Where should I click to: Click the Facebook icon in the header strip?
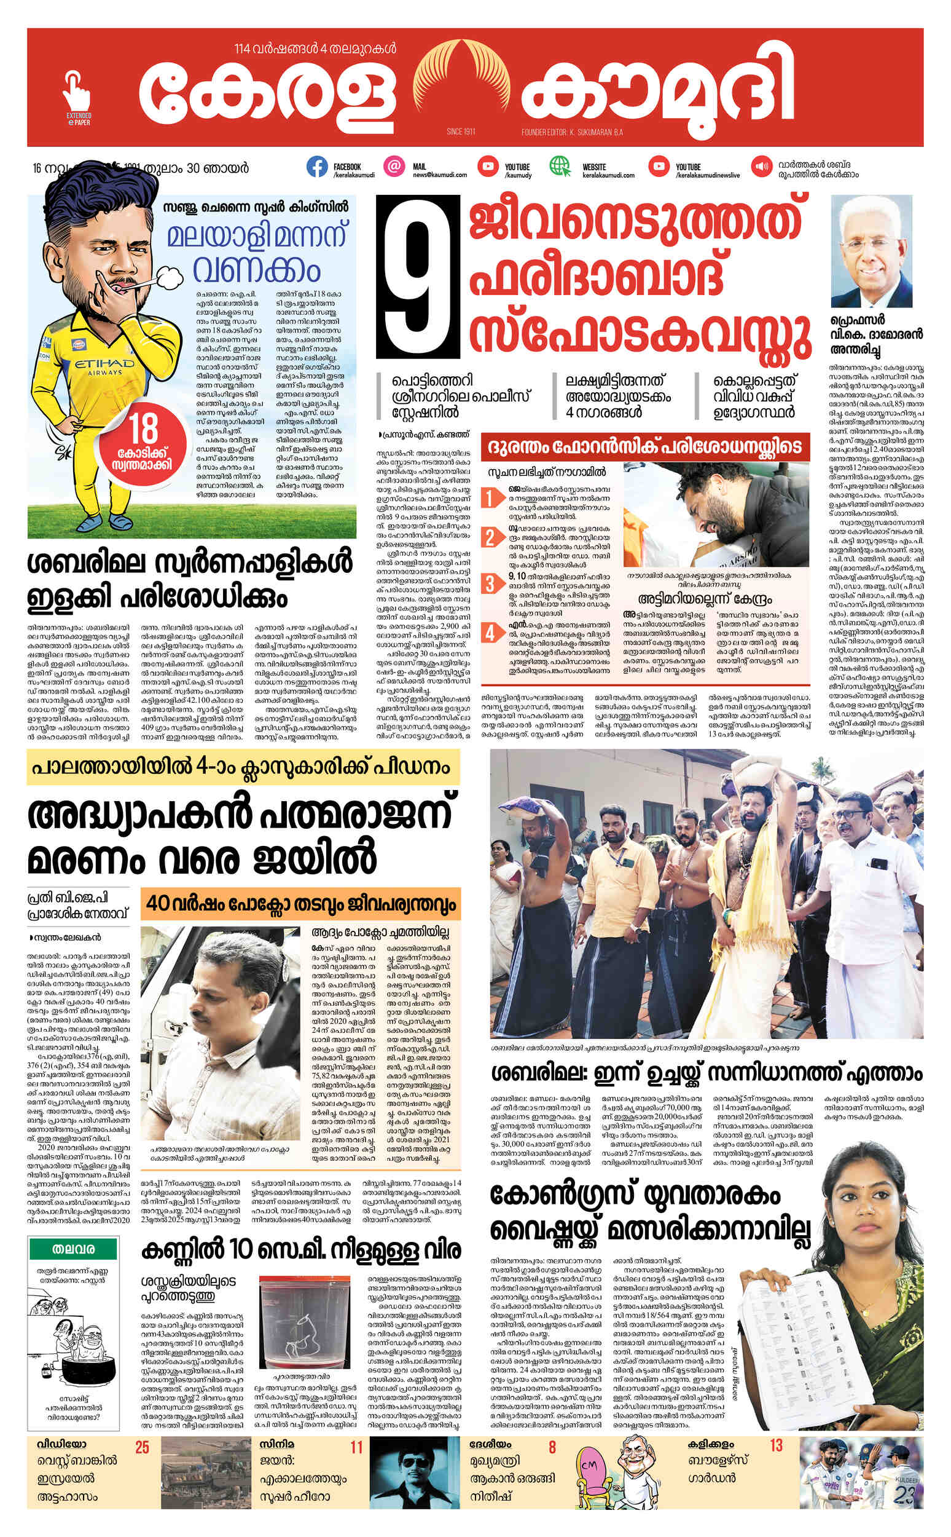pyautogui.click(x=317, y=166)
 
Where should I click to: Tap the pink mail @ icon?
pyautogui.click(x=394, y=166)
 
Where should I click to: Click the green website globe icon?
pyautogui.click(x=559, y=166)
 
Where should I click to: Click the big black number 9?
pyautogui.click(x=418, y=275)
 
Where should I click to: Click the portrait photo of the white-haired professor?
pyautogui.click(x=871, y=252)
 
